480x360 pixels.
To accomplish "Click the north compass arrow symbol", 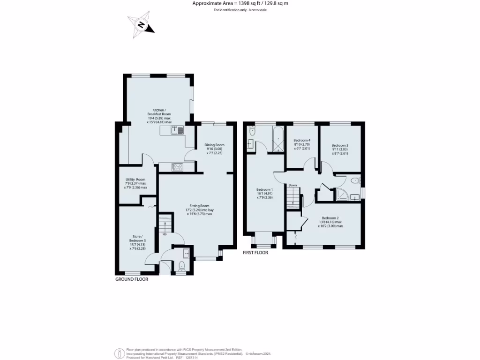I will [141, 25].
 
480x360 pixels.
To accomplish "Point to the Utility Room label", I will [135, 183].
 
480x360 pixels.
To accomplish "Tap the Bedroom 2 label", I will [330, 222].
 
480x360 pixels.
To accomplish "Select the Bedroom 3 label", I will [340, 149].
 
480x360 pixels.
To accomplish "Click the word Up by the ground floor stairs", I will [165, 234].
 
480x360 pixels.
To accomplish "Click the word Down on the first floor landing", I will [292, 185].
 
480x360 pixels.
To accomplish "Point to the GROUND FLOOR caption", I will [132, 279].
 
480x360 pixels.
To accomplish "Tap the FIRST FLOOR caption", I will [255, 253].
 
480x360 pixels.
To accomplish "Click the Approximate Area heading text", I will [240, 4].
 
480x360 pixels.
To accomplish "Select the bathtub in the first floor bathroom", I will [277, 139].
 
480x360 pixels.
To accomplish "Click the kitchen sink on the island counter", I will [175, 130].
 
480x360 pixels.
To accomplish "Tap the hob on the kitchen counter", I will [177, 166].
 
